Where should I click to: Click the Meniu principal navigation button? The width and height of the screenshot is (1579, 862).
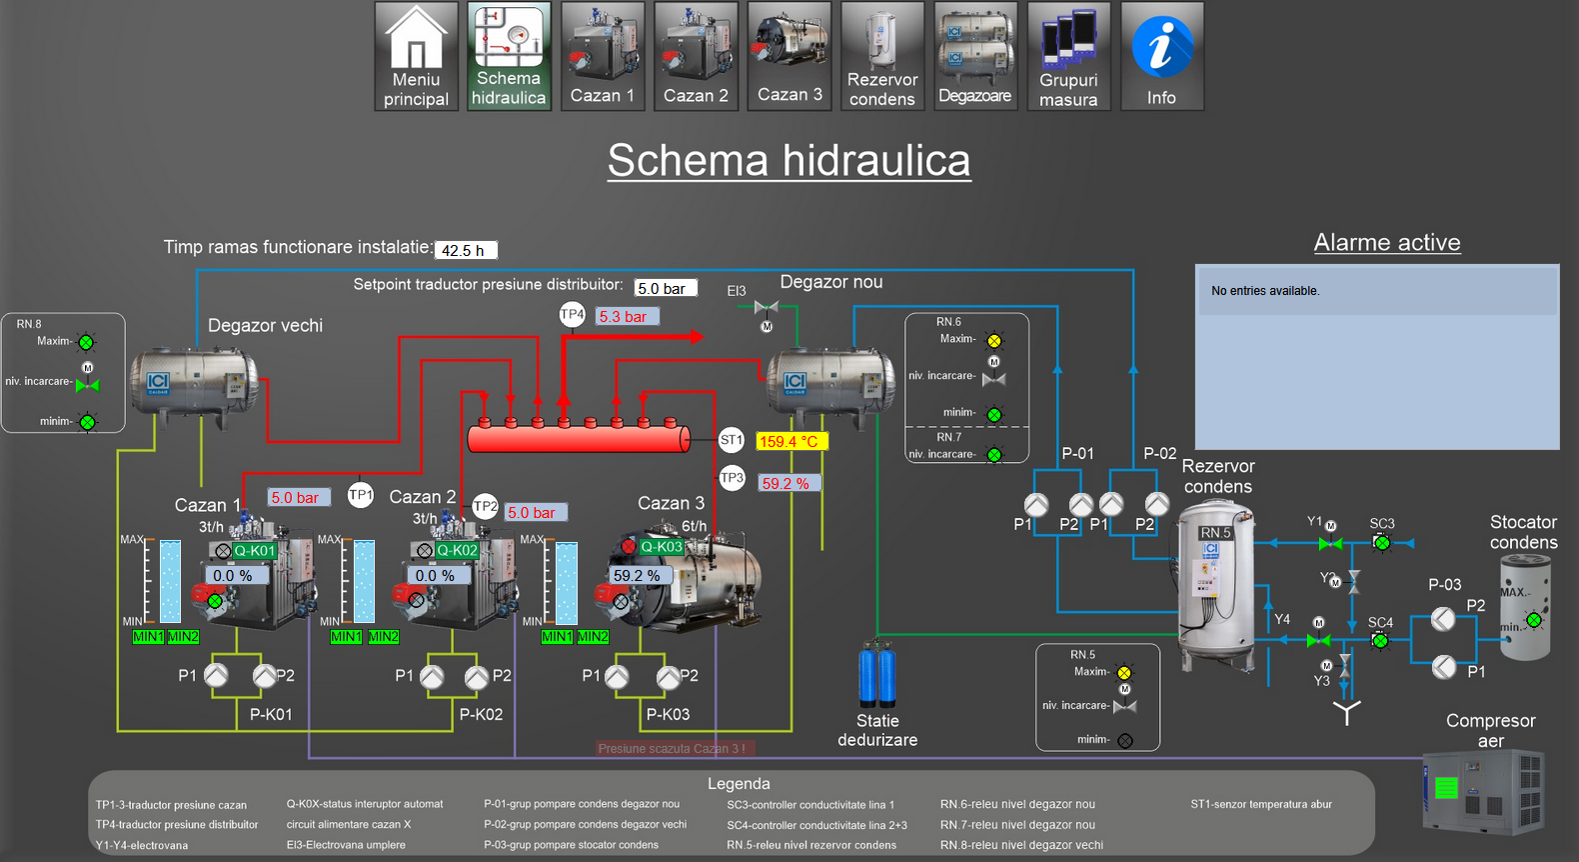416,56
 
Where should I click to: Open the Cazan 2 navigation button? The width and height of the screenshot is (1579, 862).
697,56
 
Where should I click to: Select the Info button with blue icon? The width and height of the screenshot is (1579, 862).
1161,56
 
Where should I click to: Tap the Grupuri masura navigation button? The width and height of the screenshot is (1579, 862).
1068,56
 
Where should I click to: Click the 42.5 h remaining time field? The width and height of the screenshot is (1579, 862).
466,250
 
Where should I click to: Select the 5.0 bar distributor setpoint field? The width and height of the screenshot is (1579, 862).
666,288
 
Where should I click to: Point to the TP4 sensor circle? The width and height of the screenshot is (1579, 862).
572,315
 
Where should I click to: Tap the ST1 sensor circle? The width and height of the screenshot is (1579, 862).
732,440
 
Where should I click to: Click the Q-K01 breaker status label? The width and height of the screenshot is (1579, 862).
254,551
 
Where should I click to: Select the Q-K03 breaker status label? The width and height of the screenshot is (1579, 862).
662,547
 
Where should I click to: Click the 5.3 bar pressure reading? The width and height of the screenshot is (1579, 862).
627,317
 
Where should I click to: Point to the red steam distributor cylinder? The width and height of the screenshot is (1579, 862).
578,438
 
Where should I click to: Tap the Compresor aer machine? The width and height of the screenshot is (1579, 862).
1484,792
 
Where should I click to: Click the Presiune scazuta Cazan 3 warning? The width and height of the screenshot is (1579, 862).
672,748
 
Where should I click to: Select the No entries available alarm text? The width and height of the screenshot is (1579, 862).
1265,291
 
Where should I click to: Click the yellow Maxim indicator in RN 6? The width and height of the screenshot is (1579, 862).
994,341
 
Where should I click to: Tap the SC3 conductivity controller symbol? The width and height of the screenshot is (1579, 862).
1382,543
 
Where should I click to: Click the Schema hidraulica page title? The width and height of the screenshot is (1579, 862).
789,160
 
